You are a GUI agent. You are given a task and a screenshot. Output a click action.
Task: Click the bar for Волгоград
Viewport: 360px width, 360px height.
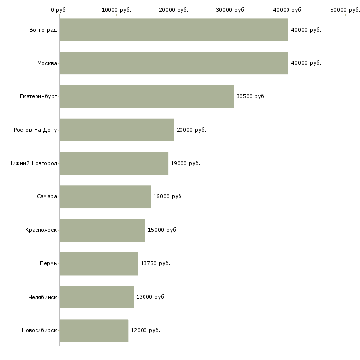(x=174, y=30)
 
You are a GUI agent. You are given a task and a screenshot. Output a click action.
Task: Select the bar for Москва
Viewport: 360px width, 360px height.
(x=174, y=63)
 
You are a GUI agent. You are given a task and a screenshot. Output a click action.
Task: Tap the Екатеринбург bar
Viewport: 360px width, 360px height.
(x=146, y=96)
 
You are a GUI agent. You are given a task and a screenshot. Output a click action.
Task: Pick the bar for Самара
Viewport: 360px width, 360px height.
(x=105, y=197)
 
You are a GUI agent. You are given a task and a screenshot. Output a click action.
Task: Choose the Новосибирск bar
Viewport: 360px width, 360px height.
(x=94, y=330)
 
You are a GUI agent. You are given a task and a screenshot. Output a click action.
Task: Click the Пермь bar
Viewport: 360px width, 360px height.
(x=99, y=263)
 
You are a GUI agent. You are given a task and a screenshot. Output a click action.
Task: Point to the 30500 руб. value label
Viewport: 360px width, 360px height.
(x=251, y=96)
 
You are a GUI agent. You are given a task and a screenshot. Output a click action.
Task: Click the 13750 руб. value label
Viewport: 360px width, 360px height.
(x=155, y=263)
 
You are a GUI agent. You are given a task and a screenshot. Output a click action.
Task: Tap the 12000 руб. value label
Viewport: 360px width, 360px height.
(x=145, y=330)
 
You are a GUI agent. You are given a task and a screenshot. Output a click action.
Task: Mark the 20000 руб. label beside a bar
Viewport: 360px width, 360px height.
(x=191, y=130)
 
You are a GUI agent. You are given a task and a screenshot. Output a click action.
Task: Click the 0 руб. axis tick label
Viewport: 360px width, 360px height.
(x=59, y=10)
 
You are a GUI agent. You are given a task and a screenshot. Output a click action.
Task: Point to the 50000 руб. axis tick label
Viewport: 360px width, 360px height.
(x=345, y=10)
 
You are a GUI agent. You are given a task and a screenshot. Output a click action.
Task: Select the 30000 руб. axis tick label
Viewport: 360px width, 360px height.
(x=231, y=10)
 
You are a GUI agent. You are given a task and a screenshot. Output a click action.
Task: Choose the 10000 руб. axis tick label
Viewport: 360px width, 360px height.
(x=116, y=10)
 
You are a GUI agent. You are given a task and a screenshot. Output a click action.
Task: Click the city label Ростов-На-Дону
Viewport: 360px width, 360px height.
(x=36, y=130)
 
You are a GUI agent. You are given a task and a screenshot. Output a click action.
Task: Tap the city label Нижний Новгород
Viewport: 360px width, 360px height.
(x=33, y=163)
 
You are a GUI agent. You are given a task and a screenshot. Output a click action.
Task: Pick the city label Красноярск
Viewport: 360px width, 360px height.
(x=41, y=230)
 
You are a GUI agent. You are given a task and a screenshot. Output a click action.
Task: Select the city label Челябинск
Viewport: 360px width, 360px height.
(x=43, y=297)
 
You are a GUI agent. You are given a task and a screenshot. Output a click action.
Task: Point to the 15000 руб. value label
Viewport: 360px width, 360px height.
(x=163, y=230)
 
